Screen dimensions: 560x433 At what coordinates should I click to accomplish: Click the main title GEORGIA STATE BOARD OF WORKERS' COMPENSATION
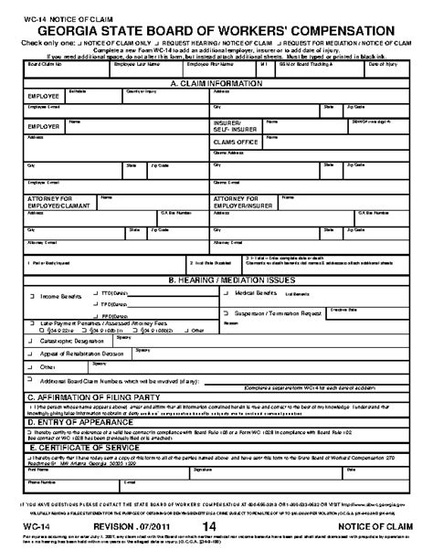pyautogui.click(x=216, y=28)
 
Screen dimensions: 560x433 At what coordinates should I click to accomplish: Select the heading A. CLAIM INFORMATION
pyautogui.click(x=216, y=82)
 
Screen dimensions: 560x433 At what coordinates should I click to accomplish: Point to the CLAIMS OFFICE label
pyautogui.click(x=239, y=143)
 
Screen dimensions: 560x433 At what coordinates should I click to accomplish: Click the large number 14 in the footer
pyautogui.click(x=210, y=551)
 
